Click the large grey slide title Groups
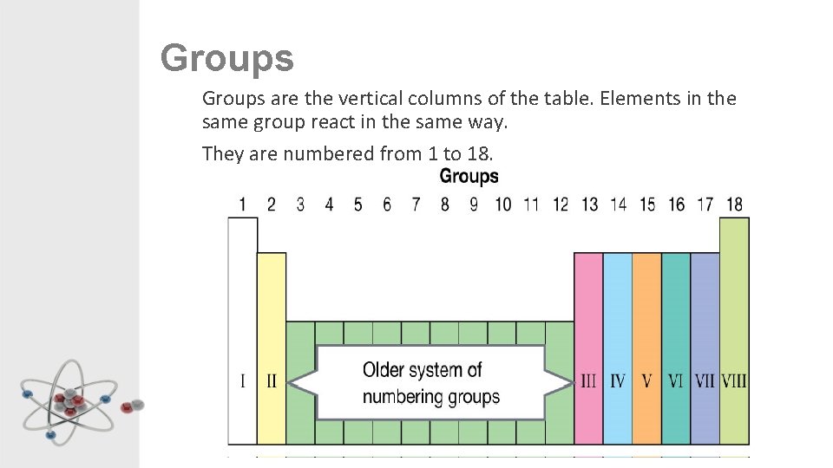pos(227,59)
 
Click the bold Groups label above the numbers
pos(469,177)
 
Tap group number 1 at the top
pos(242,205)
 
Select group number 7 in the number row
pos(416,205)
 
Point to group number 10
pos(502,205)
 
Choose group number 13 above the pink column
pos(589,205)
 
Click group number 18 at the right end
pos(734,205)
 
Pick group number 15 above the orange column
pos(647,205)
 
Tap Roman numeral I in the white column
pos(242,380)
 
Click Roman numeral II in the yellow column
pos(271,380)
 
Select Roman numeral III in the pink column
pos(588,380)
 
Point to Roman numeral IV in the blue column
pos(617,380)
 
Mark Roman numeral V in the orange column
pos(646,380)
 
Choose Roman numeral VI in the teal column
pos(676,380)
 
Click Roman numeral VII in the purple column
pos(705,380)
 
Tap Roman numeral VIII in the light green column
pos(734,380)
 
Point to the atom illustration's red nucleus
pos(69,402)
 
